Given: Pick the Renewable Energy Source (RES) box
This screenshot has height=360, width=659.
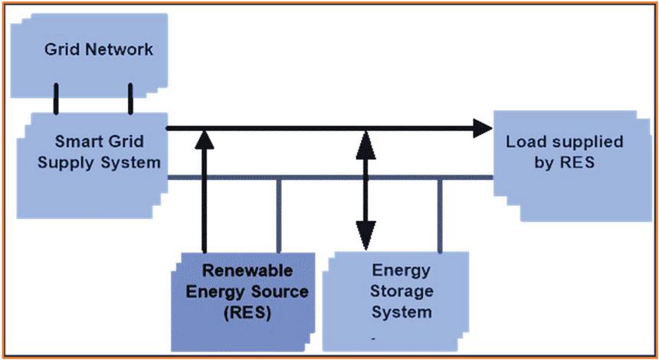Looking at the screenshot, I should (245, 295).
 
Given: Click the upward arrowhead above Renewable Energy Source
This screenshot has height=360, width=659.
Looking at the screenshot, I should (204, 139).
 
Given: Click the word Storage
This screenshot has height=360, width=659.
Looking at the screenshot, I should (402, 292).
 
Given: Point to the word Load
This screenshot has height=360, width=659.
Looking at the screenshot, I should (521, 142).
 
